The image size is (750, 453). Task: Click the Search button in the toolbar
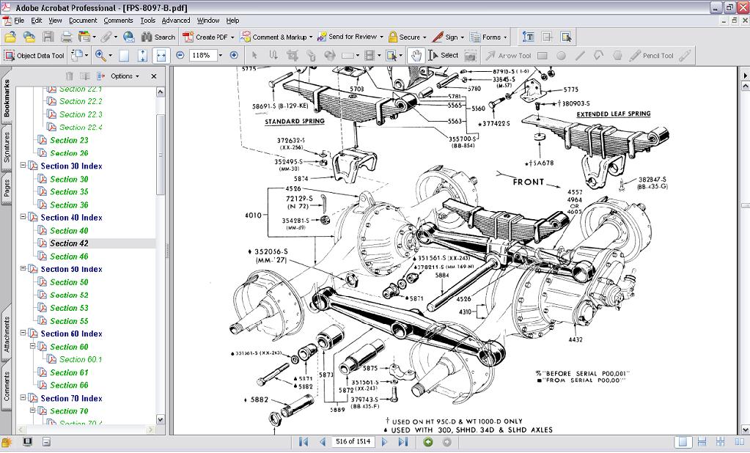point(158,37)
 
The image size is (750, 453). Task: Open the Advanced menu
point(176,21)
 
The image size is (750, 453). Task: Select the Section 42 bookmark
point(69,243)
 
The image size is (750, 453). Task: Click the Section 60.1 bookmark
point(81,359)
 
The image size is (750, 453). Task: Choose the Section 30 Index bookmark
point(71,166)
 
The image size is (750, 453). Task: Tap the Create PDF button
point(209,37)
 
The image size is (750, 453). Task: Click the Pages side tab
point(7,188)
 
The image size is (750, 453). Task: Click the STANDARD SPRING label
point(294,122)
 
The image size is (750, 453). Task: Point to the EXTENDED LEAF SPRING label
point(613,114)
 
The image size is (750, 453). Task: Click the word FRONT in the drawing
point(529,181)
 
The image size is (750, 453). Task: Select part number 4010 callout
point(252,216)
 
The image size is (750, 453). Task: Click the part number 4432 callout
point(576,339)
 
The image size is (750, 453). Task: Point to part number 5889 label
point(337,410)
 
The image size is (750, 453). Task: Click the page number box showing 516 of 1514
point(353,442)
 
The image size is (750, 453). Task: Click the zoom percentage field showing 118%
point(202,55)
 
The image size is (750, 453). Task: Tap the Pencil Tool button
point(652,55)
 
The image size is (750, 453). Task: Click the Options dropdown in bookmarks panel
point(125,76)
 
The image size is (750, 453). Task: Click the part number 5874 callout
point(301,179)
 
